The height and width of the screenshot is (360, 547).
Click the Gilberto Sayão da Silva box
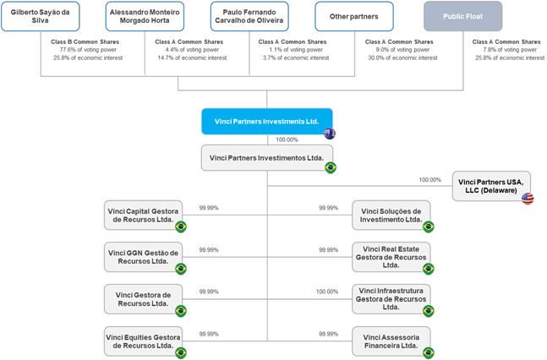(x=41, y=16)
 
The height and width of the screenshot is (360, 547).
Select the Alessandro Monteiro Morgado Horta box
(x=145, y=16)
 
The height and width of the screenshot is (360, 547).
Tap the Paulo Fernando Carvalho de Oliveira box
(x=249, y=16)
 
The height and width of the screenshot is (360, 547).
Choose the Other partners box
(x=354, y=16)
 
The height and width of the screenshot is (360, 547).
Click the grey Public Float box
(x=463, y=16)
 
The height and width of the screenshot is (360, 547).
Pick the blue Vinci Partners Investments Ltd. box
(x=267, y=122)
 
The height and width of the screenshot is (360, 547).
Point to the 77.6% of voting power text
(x=88, y=50)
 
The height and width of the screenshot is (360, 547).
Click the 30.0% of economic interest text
(x=402, y=58)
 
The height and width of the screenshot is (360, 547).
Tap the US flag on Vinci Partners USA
(x=528, y=199)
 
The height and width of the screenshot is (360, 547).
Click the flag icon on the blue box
(x=330, y=134)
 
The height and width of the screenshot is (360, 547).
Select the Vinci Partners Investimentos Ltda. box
(x=267, y=158)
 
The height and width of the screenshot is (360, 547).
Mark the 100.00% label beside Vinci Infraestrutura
(x=327, y=292)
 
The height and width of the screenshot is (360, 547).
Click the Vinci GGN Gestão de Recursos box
(x=143, y=257)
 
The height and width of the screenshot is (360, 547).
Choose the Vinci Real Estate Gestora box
(x=391, y=257)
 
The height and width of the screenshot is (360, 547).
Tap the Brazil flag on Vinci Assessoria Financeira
(x=429, y=352)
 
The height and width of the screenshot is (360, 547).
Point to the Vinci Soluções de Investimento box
(x=391, y=215)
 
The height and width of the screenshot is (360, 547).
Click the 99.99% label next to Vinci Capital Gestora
(x=209, y=208)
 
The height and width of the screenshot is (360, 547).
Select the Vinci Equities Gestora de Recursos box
(x=143, y=341)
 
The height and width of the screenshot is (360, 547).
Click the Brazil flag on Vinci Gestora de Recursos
(x=181, y=311)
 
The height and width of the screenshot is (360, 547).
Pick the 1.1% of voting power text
(x=296, y=50)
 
